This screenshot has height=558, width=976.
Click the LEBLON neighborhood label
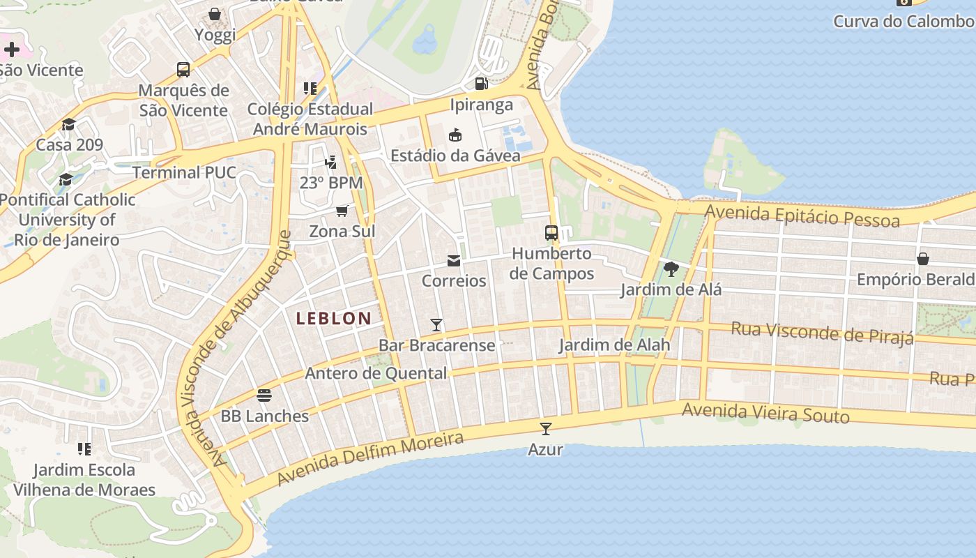click(x=334, y=319)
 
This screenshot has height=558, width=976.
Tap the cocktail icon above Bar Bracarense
click(x=436, y=324)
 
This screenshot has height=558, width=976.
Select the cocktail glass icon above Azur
click(x=546, y=428)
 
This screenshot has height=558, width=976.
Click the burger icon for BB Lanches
click(x=264, y=395)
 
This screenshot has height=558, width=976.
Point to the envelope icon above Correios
click(x=454, y=261)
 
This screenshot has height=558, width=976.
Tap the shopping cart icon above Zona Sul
click(x=342, y=211)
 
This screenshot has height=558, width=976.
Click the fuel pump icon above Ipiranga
click(x=481, y=84)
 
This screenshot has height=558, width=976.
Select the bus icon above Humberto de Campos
click(x=551, y=233)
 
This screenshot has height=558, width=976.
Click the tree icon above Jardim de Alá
click(x=671, y=269)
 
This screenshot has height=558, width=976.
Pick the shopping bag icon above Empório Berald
click(x=923, y=259)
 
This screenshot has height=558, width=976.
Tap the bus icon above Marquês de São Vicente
click(x=183, y=70)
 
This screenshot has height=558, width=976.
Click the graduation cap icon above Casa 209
click(x=68, y=125)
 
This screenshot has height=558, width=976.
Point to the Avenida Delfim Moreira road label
click(x=370, y=459)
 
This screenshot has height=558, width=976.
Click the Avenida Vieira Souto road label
click(x=765, y=413)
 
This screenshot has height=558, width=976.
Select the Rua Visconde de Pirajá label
click(x=822, y=333)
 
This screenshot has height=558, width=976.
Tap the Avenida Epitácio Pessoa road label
click(x=802, y=216)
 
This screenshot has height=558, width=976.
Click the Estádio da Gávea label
click(x=455, y=156)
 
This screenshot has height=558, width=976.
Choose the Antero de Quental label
click(x=376, y=373)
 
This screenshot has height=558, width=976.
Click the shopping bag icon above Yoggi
click(x=215, y=14)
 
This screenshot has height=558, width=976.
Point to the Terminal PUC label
click(x=184, y=172)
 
